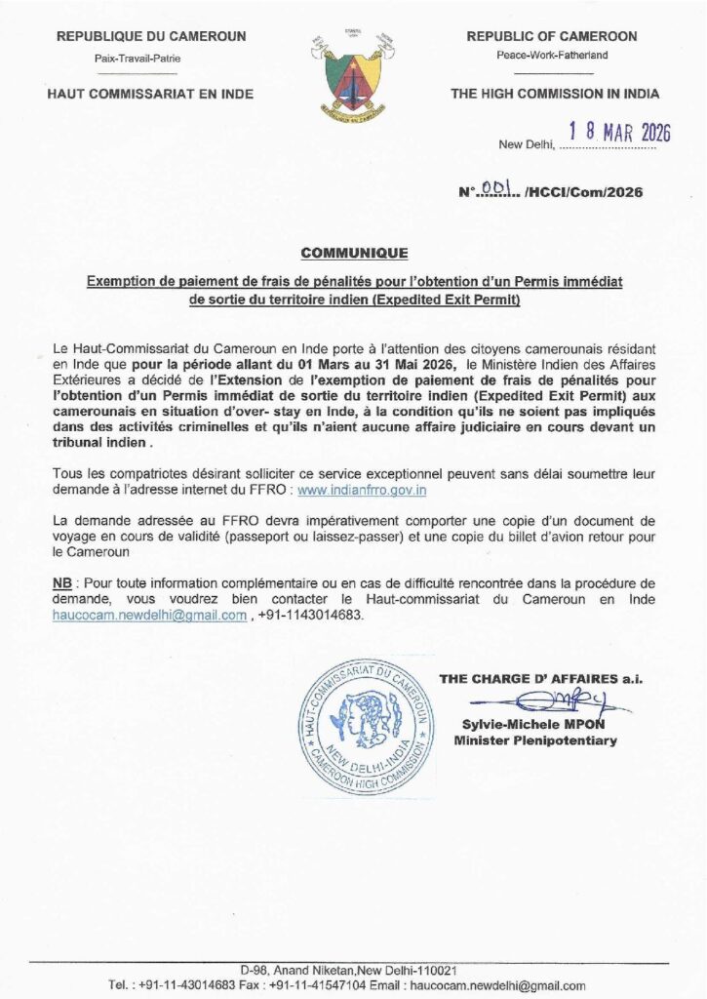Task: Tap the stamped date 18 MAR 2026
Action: coord(619,134)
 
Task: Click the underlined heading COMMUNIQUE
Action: coord(354,254)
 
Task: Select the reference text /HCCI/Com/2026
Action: coord(583,193)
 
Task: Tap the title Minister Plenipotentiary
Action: coord(535,741)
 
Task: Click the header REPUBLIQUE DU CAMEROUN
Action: coord(151,36)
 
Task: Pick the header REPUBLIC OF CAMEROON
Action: coord(552,36)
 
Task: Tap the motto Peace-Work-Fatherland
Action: coord(552,56)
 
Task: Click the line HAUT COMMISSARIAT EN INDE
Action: coord(151,94)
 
